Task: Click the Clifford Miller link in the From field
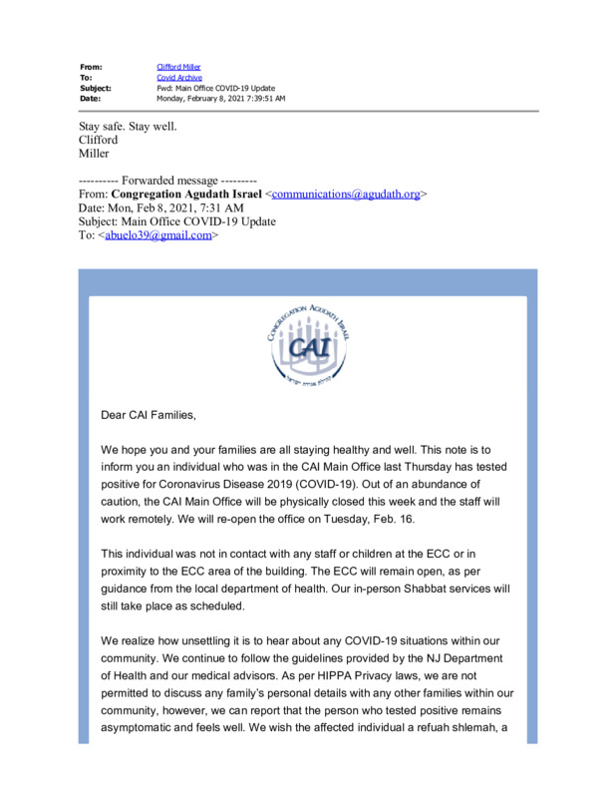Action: click(178, 67)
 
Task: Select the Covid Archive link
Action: click(179, 77)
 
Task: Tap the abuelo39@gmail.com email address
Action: click(158, 235)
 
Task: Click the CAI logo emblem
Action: click(308, 343)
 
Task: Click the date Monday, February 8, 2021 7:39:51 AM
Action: click(221, 99)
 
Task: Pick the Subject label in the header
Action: click(96, 88)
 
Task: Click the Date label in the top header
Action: click(90, 99)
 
